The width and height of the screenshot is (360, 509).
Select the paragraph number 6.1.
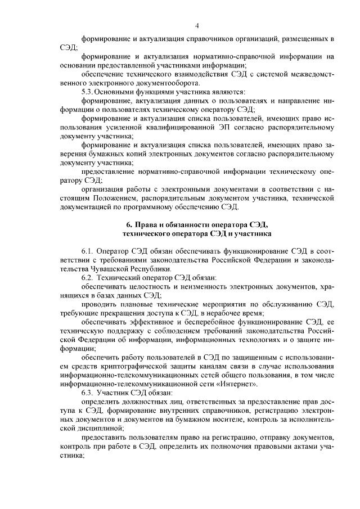(x=89, y=251)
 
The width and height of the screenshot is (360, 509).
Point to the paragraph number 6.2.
(x=89, y=278)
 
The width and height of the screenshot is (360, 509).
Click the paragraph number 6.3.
(x=89, y=393)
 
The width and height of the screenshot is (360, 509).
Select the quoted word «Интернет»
(x=240, y=384)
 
